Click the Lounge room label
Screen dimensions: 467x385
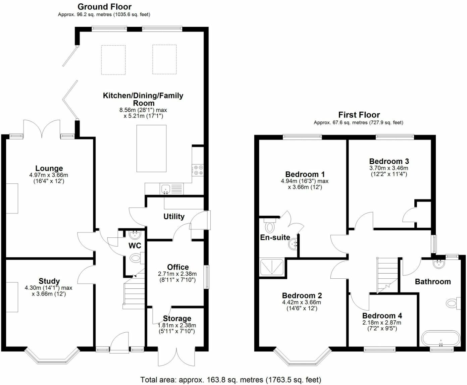49,168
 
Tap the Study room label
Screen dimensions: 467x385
49,281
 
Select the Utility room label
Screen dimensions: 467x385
174,216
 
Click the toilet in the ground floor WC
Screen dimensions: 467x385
137,259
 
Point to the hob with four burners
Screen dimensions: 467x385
198,170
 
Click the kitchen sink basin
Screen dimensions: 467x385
165,189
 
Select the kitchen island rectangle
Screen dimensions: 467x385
151,149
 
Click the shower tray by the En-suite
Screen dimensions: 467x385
271,267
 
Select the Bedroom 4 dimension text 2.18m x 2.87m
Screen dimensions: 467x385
382,323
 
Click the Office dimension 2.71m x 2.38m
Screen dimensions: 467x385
177,274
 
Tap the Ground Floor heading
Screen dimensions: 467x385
104,7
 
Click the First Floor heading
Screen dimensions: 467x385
359,115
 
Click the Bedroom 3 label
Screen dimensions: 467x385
389,161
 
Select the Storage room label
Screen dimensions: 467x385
177,318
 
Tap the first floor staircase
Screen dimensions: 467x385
387,275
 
